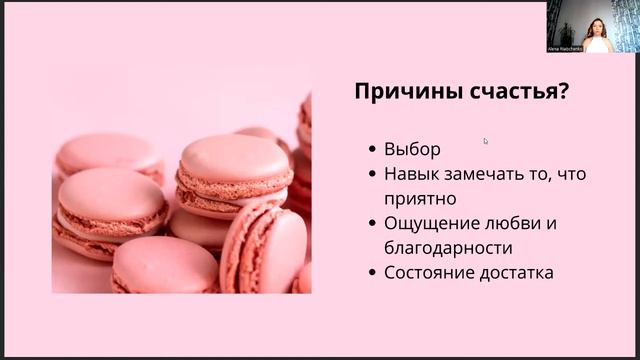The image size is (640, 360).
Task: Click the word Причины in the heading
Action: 403,93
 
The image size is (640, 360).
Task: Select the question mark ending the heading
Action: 564,93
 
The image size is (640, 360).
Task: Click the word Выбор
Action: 412,149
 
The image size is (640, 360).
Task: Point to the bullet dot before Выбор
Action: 372,150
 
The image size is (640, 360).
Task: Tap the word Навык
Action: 412,174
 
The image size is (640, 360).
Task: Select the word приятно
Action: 419,198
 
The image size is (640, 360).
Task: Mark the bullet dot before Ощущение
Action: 372,223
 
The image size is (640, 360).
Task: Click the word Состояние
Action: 431,271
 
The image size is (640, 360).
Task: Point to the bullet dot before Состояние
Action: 372,272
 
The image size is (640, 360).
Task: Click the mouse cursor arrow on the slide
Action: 486,141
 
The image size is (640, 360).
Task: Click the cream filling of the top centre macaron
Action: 234,182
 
